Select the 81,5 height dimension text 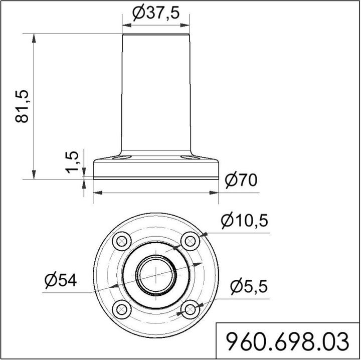tap(23, 106)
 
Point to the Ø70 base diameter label tap(241, 181)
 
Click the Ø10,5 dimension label tap(245, 220)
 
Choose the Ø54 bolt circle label tap(60, 281)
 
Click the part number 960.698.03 tap(288, 342)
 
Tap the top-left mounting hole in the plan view tap(121, 241)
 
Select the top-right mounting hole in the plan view tap(190, 241)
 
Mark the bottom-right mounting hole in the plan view tap(190, 309)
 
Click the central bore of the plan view tap(156, 275)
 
